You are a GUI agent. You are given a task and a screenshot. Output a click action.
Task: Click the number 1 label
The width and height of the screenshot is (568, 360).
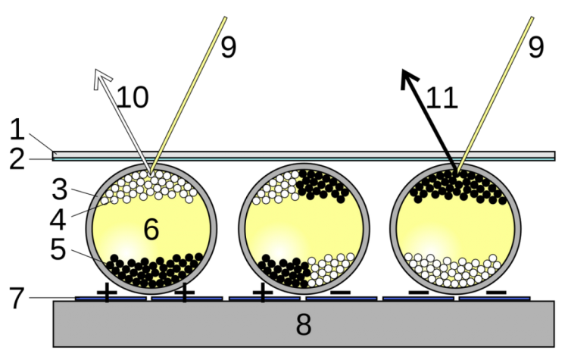17,130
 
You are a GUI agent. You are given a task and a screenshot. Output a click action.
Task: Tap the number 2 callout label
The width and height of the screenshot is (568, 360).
17,159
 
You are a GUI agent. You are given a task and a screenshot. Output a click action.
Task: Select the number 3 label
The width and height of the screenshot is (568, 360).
59,189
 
